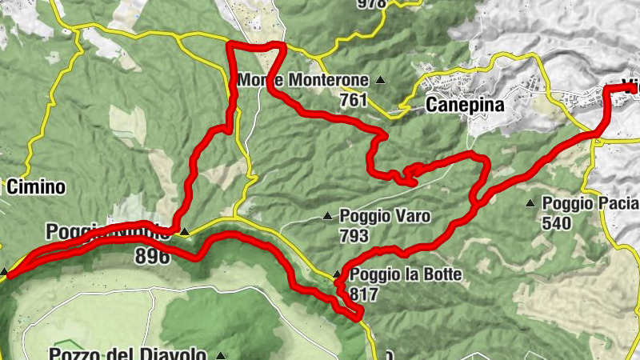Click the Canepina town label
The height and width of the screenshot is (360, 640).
tap(466, 105)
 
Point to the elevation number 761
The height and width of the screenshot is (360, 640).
tap(352, 100)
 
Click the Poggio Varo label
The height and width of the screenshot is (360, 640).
tap(385, 216)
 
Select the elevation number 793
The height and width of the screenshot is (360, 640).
tap(354, 235)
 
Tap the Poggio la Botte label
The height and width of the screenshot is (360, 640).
tap(406, 275)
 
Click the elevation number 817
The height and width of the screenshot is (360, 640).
tap(364, 294)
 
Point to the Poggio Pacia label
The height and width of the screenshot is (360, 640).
tap(590, 203)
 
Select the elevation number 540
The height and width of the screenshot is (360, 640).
tap(557, 223)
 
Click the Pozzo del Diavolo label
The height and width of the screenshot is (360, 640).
tap(128, 354)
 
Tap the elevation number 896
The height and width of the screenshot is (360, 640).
tap(153, 257)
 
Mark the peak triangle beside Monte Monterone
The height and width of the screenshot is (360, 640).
tap(381, 80)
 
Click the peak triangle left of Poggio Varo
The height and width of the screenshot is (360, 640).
tap(327, 216)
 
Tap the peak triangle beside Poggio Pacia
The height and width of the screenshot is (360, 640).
tap(530, 203)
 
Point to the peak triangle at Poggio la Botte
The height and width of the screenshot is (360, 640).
tap(337, 275)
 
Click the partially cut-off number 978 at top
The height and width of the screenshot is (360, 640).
tap(373, 3)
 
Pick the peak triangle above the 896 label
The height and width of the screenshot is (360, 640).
tap(185, 232)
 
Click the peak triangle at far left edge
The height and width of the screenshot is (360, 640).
tap(5, 272)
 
